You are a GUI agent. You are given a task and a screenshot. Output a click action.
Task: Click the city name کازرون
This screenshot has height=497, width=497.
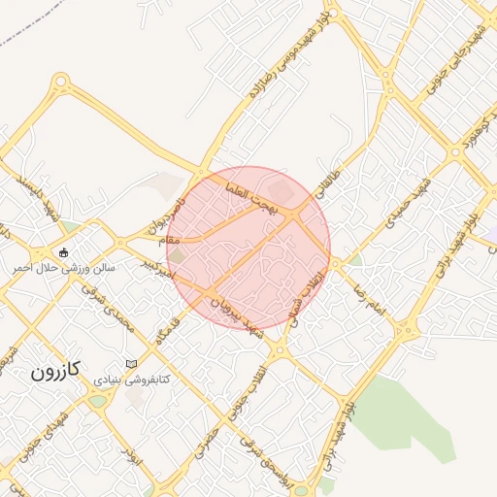coord(54,370)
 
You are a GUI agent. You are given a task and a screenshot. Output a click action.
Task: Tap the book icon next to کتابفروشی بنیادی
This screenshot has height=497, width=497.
coord(132,363)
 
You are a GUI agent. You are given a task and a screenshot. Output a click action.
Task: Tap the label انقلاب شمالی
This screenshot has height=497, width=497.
coord(308,293)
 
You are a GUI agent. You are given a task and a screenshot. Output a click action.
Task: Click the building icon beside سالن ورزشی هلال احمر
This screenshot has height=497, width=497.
coord(63,252)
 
